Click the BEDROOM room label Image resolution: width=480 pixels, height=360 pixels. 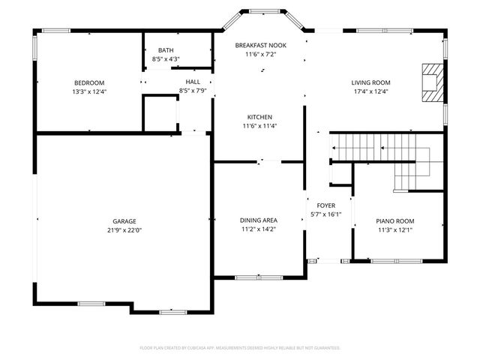[88, 82]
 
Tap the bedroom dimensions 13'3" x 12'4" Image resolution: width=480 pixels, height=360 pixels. [88, 91]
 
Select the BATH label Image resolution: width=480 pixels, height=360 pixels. [165, 50]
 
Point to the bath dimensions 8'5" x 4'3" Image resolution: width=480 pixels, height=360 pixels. [165, 58]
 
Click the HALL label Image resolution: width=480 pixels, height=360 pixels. [193, 82]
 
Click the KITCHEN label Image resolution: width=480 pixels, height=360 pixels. [260, 117]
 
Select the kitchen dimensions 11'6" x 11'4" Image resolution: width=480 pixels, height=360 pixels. [260, 126]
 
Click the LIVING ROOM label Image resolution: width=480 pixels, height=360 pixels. [370, 82]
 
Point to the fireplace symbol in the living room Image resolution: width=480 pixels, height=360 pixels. [431, 81]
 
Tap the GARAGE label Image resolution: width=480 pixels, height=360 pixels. [124, 221]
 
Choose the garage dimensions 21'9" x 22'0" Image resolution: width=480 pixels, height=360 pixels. [124, 230]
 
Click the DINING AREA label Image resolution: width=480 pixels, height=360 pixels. [259, 220]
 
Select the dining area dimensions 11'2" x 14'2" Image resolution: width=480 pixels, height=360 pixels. [259, 229]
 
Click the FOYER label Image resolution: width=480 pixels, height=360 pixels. [325, 205]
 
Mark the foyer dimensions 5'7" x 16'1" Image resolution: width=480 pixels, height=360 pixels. [325, 214]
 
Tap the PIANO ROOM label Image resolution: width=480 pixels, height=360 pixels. [394, 221]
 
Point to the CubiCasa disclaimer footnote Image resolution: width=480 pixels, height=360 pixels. [240, 348]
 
